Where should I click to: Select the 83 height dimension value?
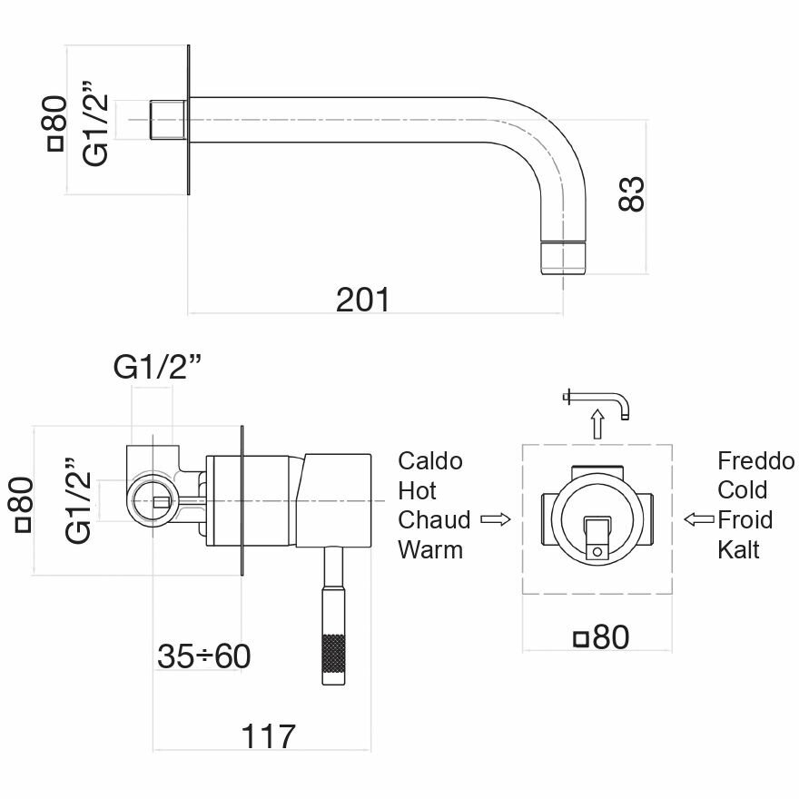632,193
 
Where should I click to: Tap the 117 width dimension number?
269,735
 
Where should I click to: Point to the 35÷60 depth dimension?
203,656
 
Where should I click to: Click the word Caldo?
430,461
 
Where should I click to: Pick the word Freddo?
755,461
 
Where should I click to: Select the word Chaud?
435,520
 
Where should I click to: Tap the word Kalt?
738,549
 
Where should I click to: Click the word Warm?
430,549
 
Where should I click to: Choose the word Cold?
743,490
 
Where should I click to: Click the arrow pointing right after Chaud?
494,520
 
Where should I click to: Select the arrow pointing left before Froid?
698,520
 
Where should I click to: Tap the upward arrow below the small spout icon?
597,423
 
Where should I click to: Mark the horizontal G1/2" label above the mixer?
156,368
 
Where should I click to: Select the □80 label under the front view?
601,638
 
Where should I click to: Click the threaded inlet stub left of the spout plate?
167,120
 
